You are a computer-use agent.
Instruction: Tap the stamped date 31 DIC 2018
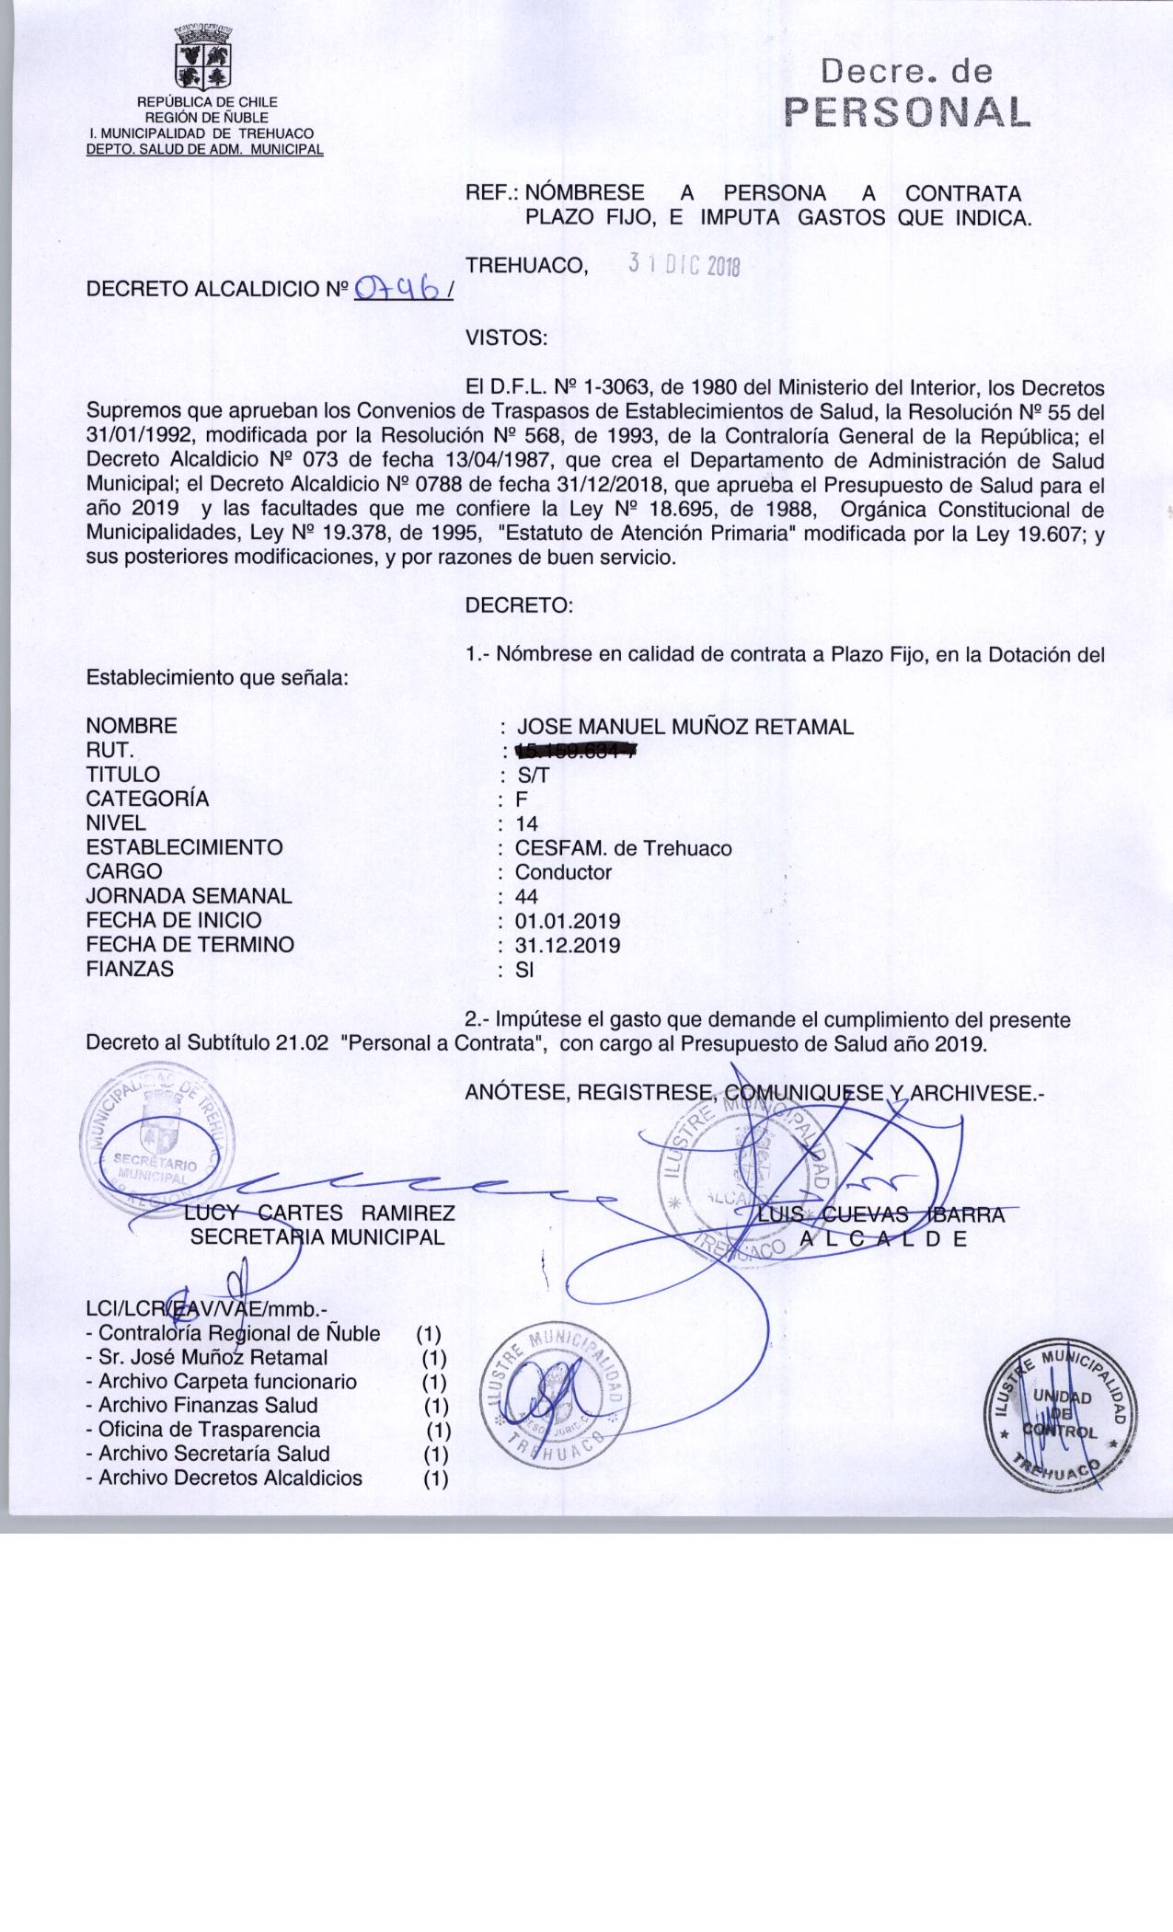tap(684, 265)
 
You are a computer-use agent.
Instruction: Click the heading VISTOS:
tap(507, 338)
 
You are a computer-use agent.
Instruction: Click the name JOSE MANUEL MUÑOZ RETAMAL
tap(685, 727)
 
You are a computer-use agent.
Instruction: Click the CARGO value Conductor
tap(563, 872)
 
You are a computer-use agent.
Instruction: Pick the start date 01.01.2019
tap(568, 921)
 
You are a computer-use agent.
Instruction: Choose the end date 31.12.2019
tap(568, 945)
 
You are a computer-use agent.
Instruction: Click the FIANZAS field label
tap(130, 969)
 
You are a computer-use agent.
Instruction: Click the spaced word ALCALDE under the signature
tap(883, 1238)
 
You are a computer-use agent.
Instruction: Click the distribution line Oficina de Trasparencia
tap(209, 1430)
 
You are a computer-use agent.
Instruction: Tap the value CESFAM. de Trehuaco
tap(625, 848)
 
